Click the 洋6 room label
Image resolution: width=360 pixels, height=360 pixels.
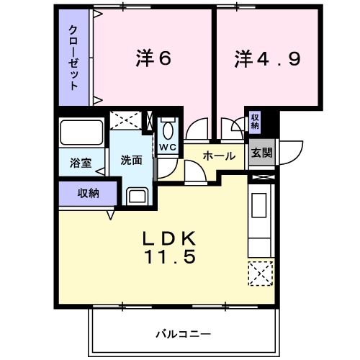coord(153,59)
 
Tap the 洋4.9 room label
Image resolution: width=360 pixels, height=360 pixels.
coord(266,59)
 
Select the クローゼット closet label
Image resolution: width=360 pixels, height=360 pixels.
coord(73,58)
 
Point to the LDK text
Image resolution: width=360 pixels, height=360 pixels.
coord(172,238)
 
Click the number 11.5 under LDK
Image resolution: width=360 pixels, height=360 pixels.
coord(172,256)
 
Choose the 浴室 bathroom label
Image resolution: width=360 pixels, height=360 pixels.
coord(81,163)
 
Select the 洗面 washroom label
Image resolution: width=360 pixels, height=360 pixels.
coord(131,160)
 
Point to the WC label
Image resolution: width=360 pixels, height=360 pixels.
coord(168,148)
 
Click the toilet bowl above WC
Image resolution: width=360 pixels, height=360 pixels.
coord(168,130)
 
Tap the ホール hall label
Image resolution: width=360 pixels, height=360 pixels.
coord(219,156)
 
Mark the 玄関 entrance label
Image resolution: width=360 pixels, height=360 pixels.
coord(261,153)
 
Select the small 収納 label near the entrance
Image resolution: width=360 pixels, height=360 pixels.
coord(255,121)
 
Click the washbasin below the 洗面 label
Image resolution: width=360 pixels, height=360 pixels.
coord(136,196)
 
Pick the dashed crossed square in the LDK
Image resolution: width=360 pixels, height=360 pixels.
coord(259,274)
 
